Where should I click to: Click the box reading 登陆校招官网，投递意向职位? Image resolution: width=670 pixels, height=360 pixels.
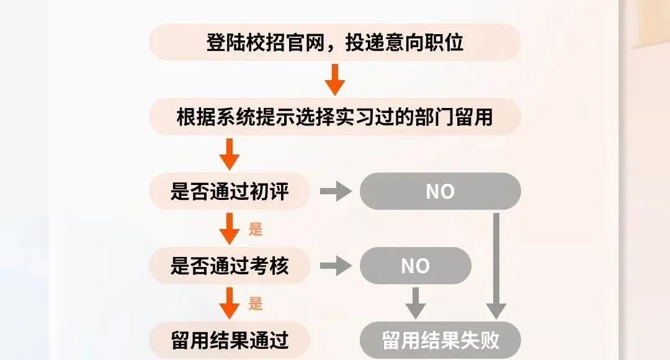pos(335,42)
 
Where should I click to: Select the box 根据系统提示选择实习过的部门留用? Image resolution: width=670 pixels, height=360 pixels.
pos(335,117)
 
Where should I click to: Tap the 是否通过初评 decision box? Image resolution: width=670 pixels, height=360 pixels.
pos(230,191)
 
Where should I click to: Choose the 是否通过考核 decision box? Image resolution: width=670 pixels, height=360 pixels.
pos(230,266)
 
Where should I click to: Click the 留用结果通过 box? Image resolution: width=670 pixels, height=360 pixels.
pos(230,340)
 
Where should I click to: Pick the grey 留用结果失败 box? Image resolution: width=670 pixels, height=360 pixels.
pos(440,340)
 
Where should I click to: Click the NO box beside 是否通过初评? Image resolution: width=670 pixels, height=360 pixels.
pos(440,191)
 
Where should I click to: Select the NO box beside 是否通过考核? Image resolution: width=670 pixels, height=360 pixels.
pos(416,266)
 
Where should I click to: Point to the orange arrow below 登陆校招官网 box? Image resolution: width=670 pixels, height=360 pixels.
pos(335,80)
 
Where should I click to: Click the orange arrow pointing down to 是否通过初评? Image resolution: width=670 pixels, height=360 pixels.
pos(230,155)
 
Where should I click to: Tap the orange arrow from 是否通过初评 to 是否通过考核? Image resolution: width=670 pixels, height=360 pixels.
pos(230,229)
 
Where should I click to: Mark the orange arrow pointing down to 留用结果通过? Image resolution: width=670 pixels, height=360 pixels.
pos(230,303)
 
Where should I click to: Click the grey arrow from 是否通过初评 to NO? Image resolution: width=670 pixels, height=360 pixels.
pos(336,191)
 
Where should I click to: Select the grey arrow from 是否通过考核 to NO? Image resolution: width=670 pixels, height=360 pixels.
pos(336,266)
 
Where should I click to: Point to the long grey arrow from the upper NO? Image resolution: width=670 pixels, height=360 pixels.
pos(496,266)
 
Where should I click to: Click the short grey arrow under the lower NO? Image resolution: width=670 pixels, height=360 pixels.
pos(416,303)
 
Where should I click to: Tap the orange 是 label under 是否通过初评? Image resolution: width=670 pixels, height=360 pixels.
pos(256,229)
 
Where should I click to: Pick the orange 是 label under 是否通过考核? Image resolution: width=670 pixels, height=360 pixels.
pos(256,304)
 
